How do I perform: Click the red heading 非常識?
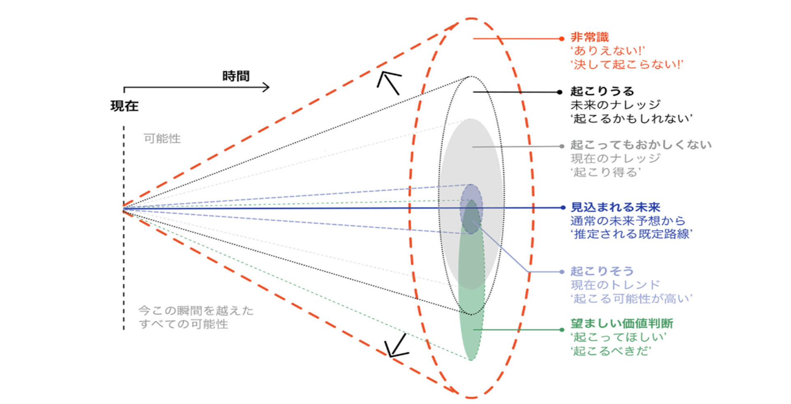click(x=589, y=37)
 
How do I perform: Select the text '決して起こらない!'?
click(x=626, y=65)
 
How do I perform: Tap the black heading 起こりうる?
click(x=602, y=91)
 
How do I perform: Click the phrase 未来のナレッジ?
click(x=615, y=105)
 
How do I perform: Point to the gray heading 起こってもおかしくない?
click(x=640, y=145)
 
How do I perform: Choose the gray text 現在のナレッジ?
click(x=615, y=158)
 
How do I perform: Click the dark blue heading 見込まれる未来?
click(x=615, y=207)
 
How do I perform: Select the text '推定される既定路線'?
click(x=631, y=235)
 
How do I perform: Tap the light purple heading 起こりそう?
click(x=602, y=271)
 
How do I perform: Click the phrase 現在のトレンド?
click(x=615, y=285)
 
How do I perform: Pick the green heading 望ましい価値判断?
click(x=622, y=323)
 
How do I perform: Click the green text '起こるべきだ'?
click(x=610, y=351)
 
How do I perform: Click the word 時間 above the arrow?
click(x=236, y=76)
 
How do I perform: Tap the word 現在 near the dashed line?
click(x=124, y=106)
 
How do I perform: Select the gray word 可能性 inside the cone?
click(x=162, y=139)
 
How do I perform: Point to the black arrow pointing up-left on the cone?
click(x=389, y=82)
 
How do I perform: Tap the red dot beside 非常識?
click(x=561, y=39)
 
